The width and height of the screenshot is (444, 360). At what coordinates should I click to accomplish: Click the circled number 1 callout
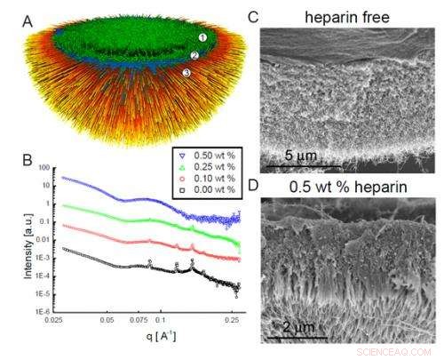[x=202, y=38]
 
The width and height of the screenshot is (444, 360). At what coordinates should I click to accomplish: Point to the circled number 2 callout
[x=194, y=55]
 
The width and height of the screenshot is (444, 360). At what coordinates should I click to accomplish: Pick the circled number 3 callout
[x=186, y=73]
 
